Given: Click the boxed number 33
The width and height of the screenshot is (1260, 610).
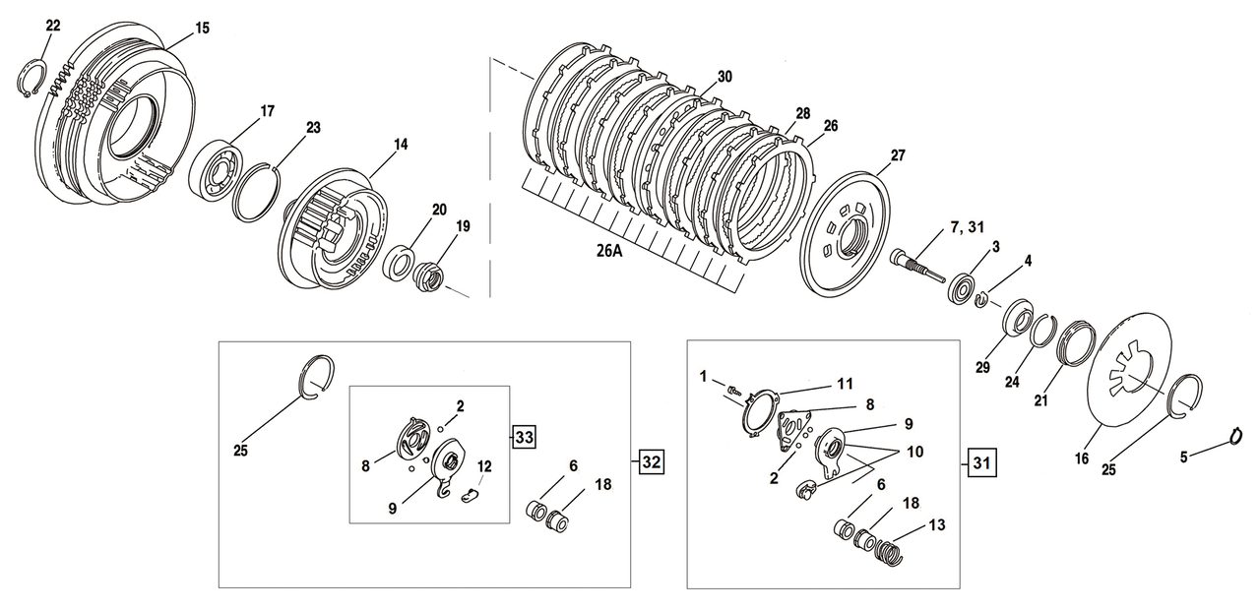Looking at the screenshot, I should pyautogui.click(x=523, y=438).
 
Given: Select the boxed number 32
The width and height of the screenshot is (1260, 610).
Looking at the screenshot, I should pyautogui.click(x=651, y=459).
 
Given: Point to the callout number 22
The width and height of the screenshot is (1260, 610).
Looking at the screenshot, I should pyautogui.click(x=52, y=26).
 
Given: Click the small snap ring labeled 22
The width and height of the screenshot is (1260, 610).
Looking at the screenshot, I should pyautogui.click(x=36, y=78).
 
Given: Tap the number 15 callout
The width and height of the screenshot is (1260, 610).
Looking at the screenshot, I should pyautogui.click(x=202, y=29).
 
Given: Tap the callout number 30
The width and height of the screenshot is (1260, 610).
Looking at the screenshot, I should pyautogui.click(x=724, y=77).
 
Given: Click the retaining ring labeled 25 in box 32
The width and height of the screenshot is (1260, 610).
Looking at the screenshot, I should pyautogui.click(x=315, y=378).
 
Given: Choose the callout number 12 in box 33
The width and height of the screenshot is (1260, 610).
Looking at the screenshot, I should pyautogui.click(x=483, y=465).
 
